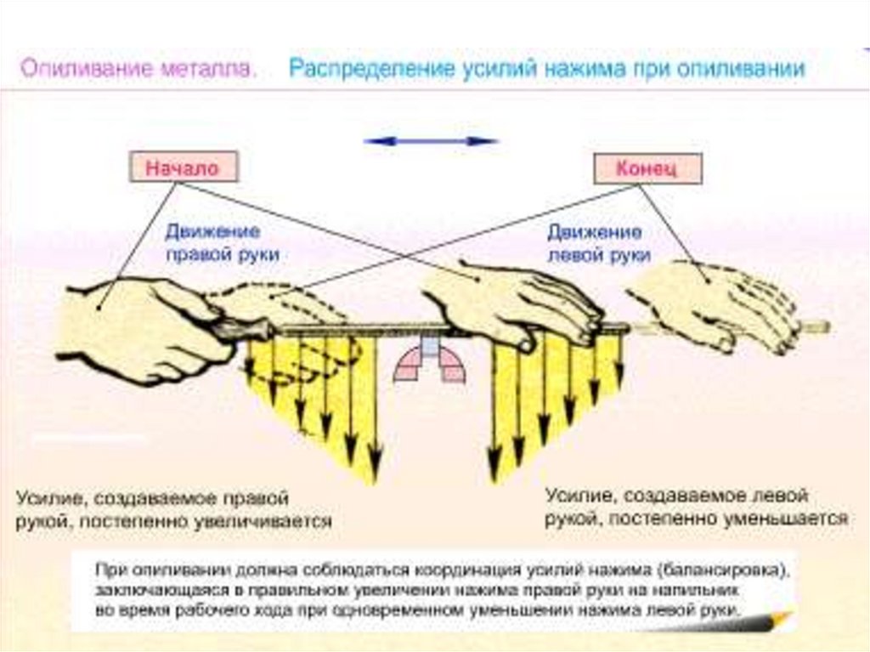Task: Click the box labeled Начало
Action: (x=182, y=167)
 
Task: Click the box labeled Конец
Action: (x=647, y=169)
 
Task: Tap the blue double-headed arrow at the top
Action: (x=430, y=141)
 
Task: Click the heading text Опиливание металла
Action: (x=138, y=69)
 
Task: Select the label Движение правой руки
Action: (x=223, y=242)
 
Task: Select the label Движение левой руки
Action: (x=599, y=243)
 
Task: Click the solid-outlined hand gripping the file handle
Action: (x=136, y=327)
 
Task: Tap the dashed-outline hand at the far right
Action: (x=714, y=302)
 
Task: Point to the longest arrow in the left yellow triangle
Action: (x=372, y=408)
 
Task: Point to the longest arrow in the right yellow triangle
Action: (x=492, y=408)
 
